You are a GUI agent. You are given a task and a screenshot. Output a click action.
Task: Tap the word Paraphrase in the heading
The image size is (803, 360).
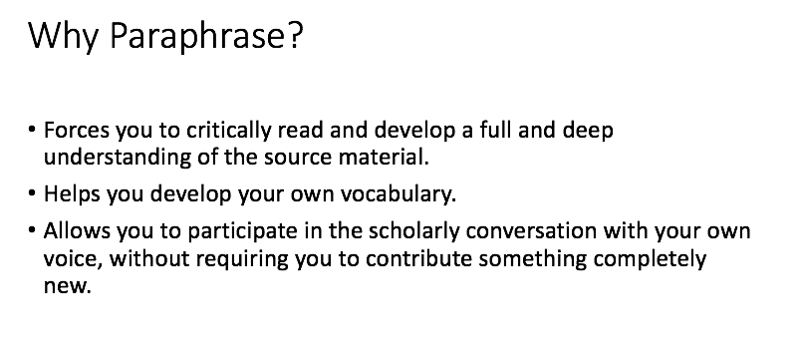(x=196, y=36)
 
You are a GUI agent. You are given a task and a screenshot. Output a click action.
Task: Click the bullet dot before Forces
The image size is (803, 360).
(x=32, y=130)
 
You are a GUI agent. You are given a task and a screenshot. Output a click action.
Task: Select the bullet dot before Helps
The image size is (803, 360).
(x=32, y=193)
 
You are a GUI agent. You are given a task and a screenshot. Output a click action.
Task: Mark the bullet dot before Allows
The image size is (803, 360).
(x=32, y=230)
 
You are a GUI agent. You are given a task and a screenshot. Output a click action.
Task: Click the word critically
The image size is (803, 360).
(x=228, y=131)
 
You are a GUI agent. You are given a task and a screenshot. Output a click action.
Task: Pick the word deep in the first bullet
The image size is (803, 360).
(x=588, y=131)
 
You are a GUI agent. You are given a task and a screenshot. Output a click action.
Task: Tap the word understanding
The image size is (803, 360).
(x=118, y=157)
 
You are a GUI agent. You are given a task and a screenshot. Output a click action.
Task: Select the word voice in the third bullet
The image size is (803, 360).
(x=74, y=258)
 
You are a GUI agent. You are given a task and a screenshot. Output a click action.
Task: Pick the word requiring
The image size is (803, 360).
(x=242, y=259)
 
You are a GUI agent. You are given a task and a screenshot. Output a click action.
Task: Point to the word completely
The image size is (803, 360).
(x=650, y=259)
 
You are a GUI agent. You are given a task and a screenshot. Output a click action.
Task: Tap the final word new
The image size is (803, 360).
(x=67, y=286)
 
